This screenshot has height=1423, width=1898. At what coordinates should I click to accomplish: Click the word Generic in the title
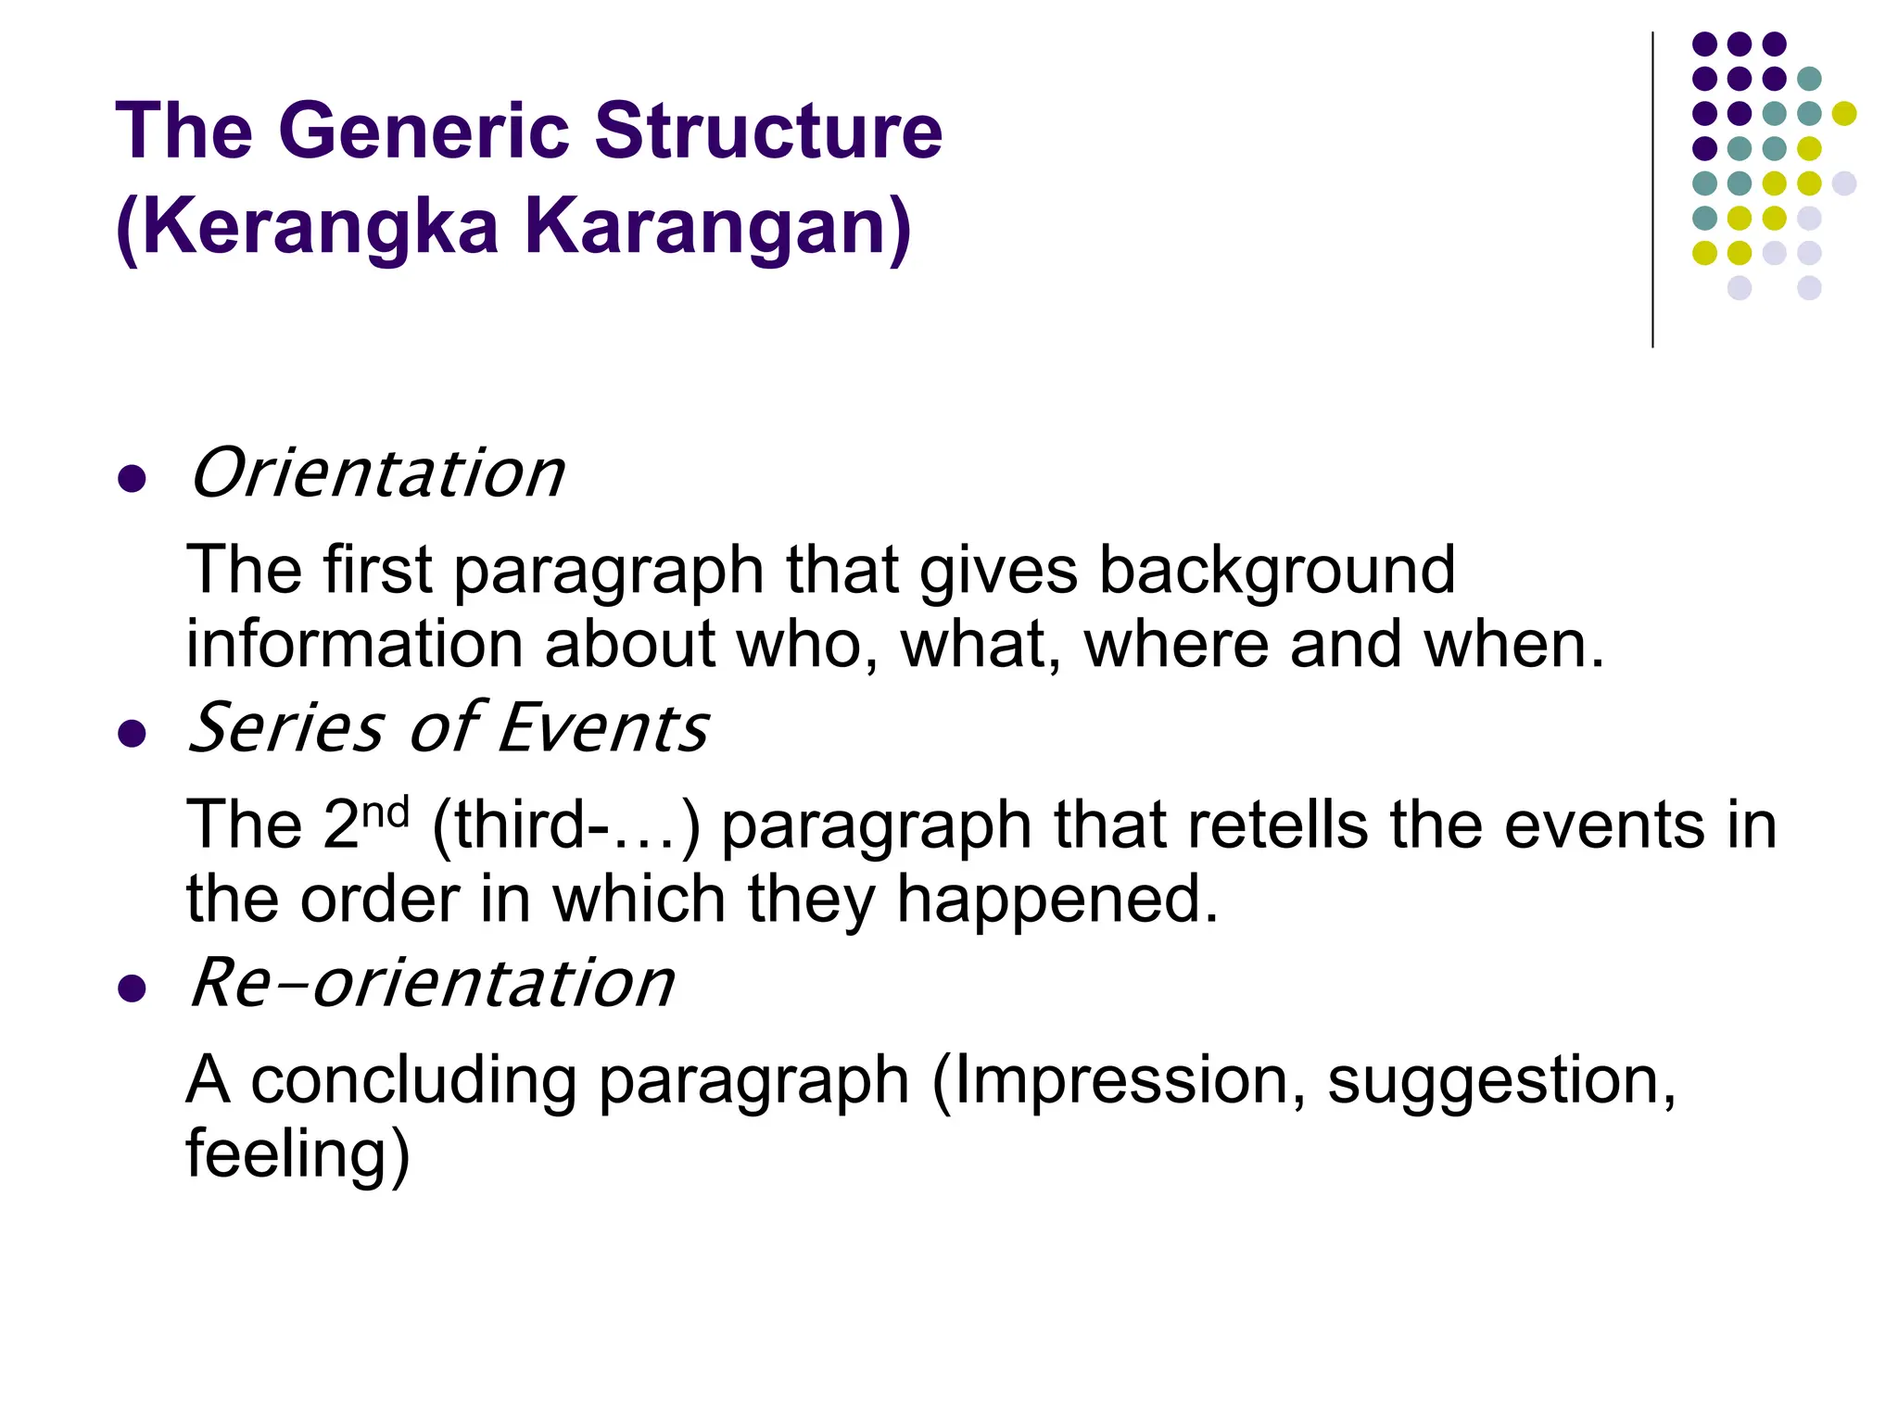tap(423, 132)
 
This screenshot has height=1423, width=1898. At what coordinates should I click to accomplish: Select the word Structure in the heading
tap(767, 132)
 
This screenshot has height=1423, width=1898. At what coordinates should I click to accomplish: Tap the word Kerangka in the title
tap(320, 227)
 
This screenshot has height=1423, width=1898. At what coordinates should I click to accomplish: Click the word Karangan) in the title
tap(718, 227)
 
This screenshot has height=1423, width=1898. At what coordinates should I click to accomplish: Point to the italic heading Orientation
tap(376, 473)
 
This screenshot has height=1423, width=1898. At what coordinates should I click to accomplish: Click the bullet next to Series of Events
tap(133, 734)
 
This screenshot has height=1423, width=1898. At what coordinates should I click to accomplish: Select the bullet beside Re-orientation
tap(133, 989)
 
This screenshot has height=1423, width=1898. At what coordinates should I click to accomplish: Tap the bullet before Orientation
tap(133, 479)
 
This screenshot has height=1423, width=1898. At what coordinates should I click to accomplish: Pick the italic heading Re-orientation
tap(431, 983)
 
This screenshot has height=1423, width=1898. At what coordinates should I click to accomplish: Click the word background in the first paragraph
tap(1276, 571)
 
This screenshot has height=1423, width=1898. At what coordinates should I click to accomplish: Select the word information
tap(353, 644)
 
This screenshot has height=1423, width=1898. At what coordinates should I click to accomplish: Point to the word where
tap(1175, 644)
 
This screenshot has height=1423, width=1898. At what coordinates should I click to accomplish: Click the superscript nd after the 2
tap(385, 812)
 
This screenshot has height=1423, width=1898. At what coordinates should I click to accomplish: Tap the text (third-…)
tap(565, 825)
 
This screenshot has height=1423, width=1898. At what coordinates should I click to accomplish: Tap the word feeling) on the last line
tap(297, 1154)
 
